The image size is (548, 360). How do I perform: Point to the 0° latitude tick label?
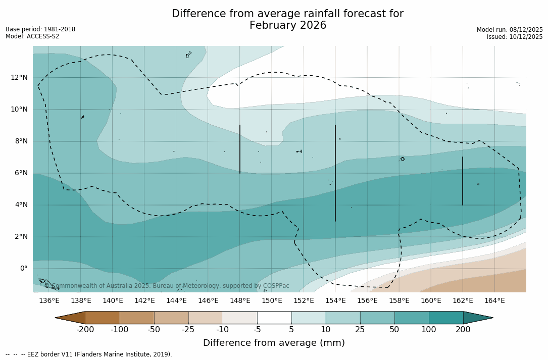point(23,269)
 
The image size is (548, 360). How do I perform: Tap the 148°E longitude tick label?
point(240,301)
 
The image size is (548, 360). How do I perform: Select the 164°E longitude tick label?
point(494,301)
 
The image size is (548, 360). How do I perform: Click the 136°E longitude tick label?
point(49,301)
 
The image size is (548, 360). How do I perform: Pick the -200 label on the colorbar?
point(85,330)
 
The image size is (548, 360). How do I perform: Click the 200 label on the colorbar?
point(463,330)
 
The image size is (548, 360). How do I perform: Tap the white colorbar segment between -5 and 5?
point(274,318)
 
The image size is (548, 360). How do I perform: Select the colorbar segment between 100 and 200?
point(446,318)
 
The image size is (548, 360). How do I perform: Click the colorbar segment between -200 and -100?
point(103,318)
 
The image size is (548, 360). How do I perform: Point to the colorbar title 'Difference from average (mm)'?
point(274,343)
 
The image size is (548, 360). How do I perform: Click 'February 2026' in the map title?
point(288,26)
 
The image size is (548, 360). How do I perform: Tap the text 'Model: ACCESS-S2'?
point(32,36)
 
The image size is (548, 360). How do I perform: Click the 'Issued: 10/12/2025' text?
point(515,37)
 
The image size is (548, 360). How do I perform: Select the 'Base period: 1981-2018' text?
point(40,29)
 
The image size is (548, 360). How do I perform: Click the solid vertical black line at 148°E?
point(240,149)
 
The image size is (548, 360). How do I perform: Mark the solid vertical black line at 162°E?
point(463,181)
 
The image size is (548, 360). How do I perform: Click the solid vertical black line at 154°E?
point(335,173)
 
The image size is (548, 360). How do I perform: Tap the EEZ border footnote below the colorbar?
point(89,354)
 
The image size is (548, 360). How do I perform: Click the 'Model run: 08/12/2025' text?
point(510,30)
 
